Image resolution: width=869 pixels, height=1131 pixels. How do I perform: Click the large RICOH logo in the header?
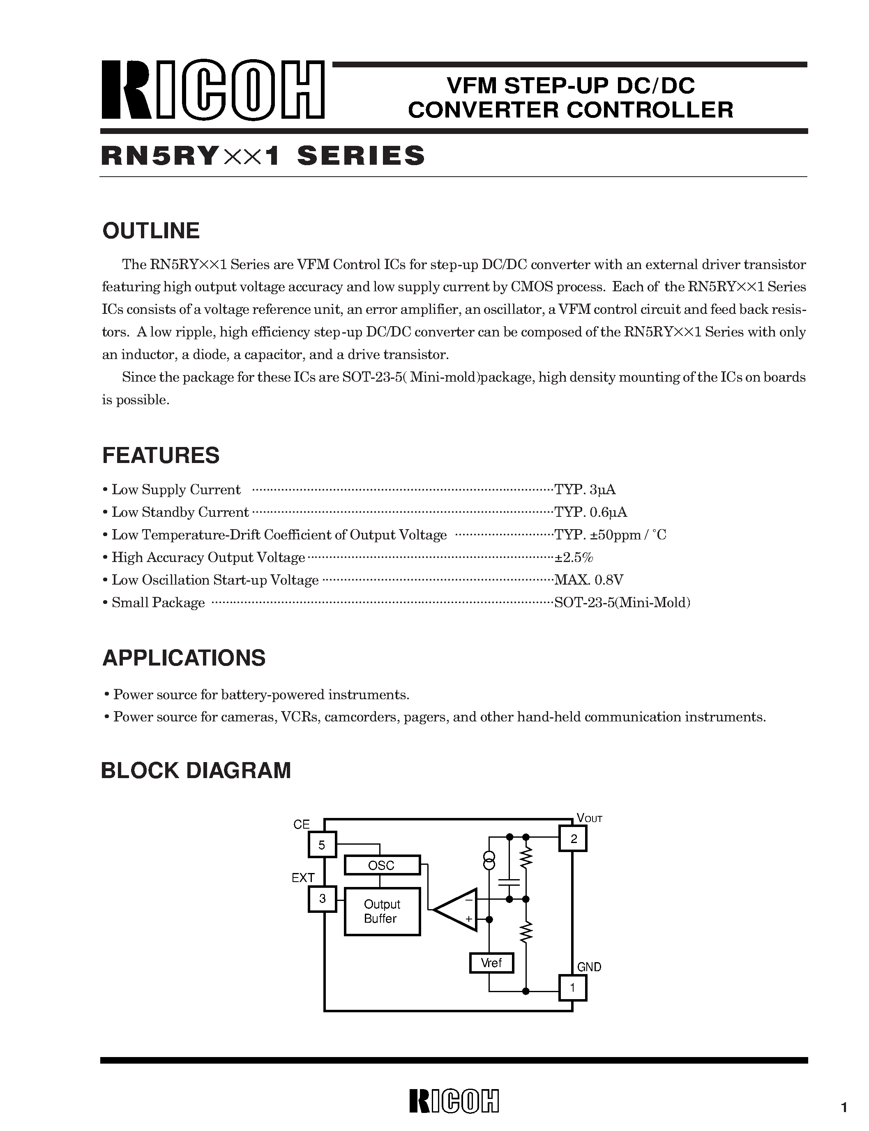212,90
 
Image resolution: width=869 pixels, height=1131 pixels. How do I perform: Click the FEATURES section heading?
161,456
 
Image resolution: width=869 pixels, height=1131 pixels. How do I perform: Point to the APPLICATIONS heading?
184,658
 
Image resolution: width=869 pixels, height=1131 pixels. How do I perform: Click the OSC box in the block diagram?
382,865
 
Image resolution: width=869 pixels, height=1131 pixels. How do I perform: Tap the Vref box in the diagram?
491,963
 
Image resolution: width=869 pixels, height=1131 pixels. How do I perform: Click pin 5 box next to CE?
322,845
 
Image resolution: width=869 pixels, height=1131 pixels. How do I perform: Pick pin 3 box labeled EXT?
322,898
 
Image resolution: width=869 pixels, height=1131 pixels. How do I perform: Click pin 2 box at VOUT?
573,839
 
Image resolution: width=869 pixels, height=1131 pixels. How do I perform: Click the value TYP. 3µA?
585,489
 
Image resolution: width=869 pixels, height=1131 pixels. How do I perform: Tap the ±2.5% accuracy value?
574,557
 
